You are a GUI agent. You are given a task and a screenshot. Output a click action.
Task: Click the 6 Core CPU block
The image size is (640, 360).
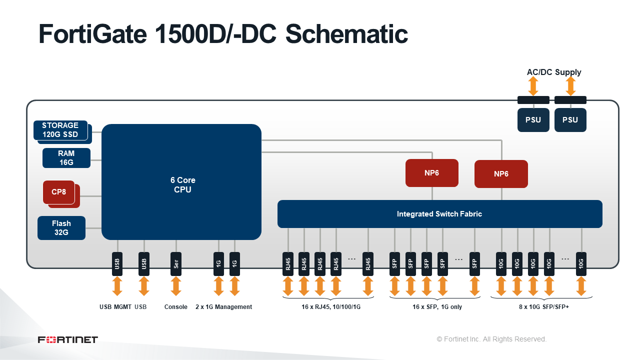[x=181, y=182]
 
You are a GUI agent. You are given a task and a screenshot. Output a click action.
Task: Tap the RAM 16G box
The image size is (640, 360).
[x=66, y=158]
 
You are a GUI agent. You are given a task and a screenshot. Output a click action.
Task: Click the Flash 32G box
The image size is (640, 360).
[x=61, y=228]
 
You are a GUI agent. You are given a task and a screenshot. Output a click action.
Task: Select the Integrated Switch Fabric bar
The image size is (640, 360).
[x=439, y=214]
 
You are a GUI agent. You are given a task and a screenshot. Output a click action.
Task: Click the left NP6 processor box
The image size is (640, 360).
[x=431, y=173]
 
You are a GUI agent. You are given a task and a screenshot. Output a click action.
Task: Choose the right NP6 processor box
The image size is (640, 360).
[x=501, y=174]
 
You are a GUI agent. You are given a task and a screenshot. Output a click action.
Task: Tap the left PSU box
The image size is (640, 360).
[x=533, y=120]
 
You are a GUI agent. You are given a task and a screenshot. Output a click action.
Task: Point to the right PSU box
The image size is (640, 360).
[x=570, y=120]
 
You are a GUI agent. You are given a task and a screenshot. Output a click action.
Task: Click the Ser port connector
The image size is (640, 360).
[x=176, y=264]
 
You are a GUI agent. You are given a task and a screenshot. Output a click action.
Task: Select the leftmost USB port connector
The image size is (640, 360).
[x=117, y=264]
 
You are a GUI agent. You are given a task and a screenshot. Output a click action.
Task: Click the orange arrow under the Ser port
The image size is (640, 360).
[x=176, y=286]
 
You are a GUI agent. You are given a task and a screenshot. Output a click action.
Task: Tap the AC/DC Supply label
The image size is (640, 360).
[x=554, y=72]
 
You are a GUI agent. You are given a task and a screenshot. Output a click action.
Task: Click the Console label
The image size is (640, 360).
[x=175, y=307]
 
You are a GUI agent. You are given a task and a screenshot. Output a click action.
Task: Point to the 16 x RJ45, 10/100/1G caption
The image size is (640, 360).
[x=331, y=307]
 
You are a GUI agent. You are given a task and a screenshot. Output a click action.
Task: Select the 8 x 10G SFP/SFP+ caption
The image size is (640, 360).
[x=544, y=307]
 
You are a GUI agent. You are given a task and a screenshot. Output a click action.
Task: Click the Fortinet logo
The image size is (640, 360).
[x=67, y=339]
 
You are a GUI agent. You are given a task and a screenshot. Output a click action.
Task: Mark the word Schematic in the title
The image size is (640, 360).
[x=346, y=34]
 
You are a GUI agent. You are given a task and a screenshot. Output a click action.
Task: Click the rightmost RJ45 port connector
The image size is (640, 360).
[x=368, y=264]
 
